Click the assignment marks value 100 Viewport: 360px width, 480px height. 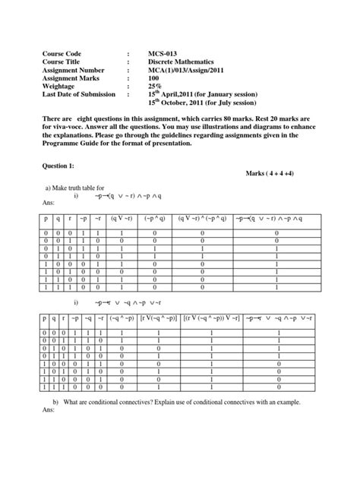pos(156,85)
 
